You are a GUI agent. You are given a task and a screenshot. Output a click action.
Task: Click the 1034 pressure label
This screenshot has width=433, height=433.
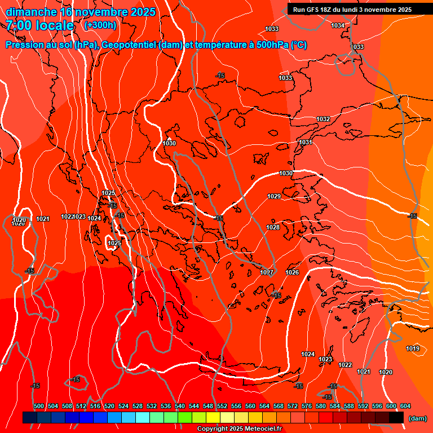coord(338,25)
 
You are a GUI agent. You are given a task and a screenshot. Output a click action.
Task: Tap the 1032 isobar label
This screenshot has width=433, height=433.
coord(323,119)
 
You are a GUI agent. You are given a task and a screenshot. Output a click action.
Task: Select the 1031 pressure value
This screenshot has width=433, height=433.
coord(306,142)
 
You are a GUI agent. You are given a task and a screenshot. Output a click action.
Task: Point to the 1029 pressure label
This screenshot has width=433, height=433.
coord(274,196)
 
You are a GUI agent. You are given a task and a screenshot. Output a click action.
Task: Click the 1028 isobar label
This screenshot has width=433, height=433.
coord(273,227)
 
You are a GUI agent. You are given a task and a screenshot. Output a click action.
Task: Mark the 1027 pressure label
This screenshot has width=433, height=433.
coord(267,272)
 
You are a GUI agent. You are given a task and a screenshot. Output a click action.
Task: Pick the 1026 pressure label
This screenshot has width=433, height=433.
coord(292,272)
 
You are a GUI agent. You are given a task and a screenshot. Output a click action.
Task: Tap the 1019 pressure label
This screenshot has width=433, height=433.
coord(413,348)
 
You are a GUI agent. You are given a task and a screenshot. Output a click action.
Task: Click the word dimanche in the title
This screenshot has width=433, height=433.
coord(31,12)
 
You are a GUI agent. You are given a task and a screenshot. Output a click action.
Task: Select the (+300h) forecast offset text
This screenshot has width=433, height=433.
coord(100,25)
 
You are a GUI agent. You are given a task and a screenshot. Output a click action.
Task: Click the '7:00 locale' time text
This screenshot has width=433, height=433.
coord(40,25)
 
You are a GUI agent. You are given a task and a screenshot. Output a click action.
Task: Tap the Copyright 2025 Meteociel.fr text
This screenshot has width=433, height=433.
coord(239,429)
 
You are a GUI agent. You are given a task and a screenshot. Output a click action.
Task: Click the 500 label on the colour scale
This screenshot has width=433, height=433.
coord(39,406)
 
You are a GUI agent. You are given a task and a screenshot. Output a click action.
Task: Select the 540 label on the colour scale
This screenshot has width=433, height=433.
coord(180,406)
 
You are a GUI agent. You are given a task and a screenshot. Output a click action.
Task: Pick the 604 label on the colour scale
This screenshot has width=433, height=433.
coord(405,406)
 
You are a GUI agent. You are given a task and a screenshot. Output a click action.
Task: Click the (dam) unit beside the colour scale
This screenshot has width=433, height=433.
coord(417,418)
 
